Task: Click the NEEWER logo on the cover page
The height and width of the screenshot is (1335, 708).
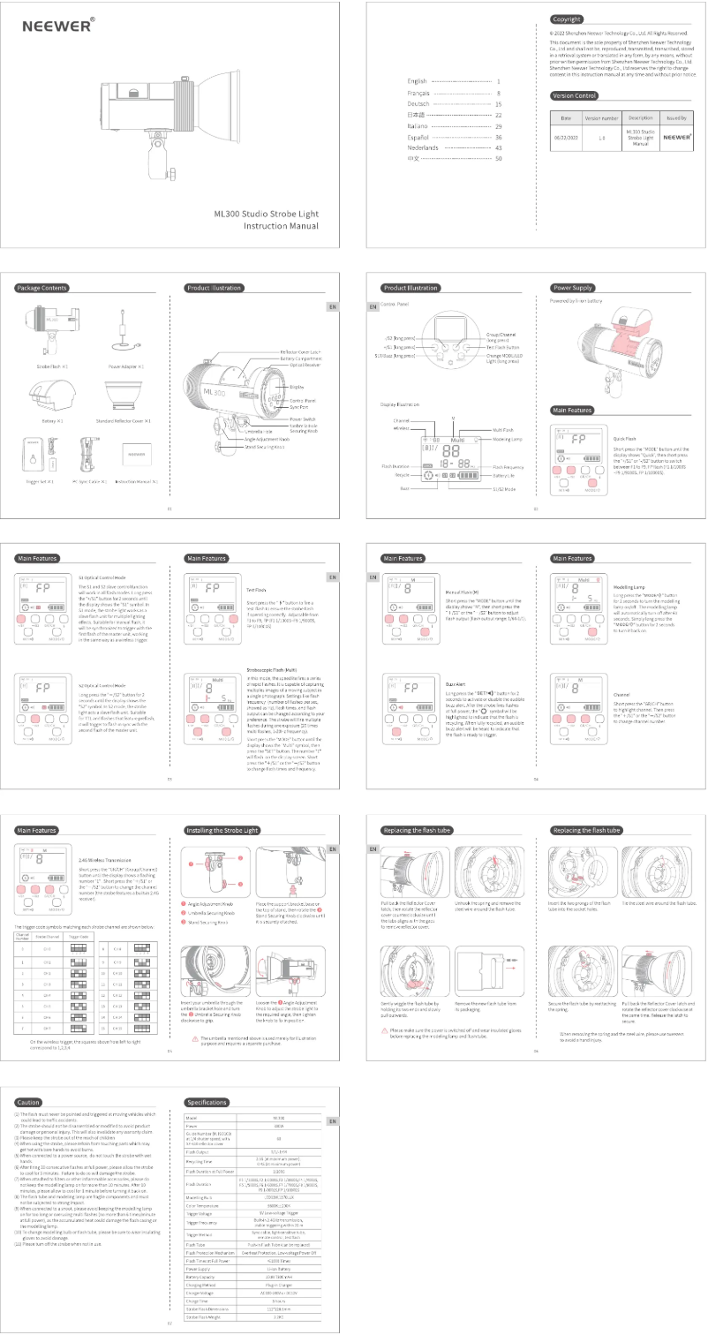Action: [57, 26]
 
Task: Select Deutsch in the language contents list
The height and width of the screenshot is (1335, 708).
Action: [418, 103]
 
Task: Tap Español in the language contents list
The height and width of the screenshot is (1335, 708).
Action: [418, 138]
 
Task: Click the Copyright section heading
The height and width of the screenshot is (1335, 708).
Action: [567, 19]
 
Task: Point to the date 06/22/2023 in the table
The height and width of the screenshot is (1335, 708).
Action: [566, 138]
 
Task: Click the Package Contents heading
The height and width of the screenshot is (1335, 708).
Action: [41, 288]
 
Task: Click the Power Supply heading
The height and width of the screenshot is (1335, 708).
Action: [572, 288]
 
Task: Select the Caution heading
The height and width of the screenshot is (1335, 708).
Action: [28, 1102]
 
